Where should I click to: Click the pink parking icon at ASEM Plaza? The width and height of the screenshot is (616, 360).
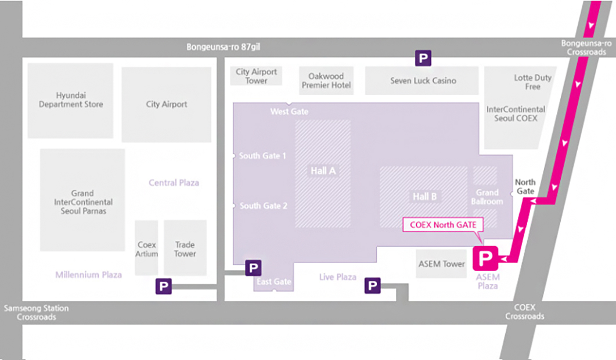coord(485,258)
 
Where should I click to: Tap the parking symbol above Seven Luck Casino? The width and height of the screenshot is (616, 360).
coord(423,58)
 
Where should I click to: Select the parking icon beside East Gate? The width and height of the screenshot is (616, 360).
coord(253,268)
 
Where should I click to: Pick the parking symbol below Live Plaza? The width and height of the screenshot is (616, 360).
coord(372,285)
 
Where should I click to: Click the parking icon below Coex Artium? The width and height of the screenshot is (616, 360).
coord(163,286)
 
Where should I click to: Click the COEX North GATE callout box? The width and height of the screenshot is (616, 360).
coord(443,225)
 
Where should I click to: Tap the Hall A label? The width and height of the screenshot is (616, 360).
coord(323,171)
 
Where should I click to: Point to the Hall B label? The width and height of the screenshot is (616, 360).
coord(424,196)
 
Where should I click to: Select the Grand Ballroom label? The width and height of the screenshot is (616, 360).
coord(487,197)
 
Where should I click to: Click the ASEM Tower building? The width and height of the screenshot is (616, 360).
coord(441,264)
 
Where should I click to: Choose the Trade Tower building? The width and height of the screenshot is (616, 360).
coord(185,247)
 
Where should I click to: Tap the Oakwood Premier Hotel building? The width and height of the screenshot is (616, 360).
coord(326,81)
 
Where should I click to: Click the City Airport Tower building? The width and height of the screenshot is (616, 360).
coord(256,76)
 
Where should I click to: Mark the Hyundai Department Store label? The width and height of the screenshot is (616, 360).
coord(71,100)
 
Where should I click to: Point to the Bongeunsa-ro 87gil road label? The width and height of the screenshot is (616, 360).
coord(223,47)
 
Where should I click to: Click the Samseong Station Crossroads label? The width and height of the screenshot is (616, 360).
coord(36,312)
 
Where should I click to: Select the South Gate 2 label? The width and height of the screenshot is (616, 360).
coord(263,206)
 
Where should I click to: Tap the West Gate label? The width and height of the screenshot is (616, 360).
coord(289,111)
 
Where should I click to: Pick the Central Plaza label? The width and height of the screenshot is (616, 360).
coord(174,183)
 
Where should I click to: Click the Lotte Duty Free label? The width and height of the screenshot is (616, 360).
coord(533,82)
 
